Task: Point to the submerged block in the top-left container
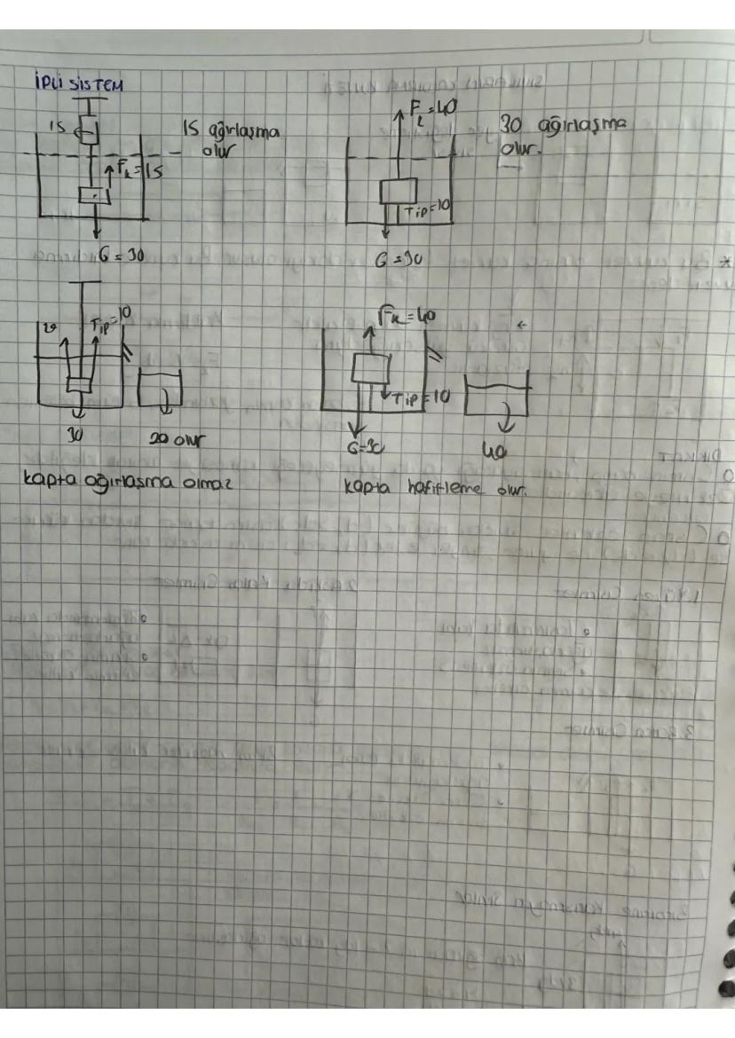pyautogui.click(x=92, y=195)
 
